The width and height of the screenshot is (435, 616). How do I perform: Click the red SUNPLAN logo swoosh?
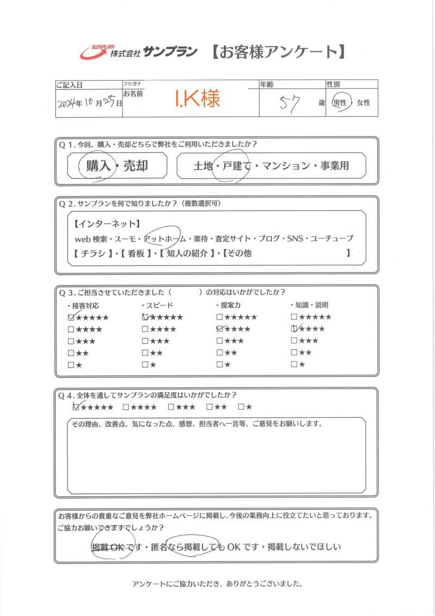94,52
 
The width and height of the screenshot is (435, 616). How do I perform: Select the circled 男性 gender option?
341,102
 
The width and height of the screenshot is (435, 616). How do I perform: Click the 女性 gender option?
363,102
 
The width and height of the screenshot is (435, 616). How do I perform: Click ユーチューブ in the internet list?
331,239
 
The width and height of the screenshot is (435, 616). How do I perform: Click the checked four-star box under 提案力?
220,329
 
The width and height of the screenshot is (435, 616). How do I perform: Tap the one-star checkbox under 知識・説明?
294,364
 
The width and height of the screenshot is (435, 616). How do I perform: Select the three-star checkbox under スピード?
145,341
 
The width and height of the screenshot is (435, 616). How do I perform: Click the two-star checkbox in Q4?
210,407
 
